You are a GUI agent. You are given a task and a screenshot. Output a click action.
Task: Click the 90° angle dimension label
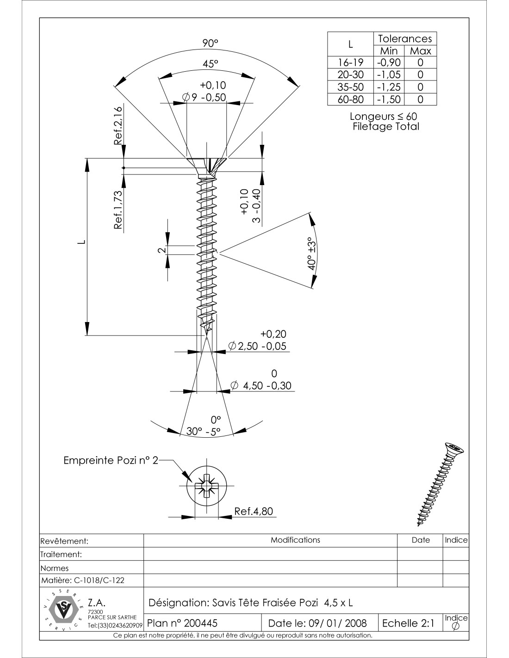pos(210,43)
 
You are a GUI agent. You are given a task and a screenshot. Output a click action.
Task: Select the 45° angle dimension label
pos(210,64)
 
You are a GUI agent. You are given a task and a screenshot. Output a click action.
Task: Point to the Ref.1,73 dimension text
pos(118,210)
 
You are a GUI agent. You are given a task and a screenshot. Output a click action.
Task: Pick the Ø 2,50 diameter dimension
pos(258,346)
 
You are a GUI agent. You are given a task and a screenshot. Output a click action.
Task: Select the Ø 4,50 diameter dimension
pos(261,385)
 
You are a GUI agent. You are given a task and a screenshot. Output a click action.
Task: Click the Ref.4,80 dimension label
pos(254,511)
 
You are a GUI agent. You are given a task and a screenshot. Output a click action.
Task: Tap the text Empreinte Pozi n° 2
pos(111,460)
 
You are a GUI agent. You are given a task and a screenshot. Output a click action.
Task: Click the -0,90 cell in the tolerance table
pos(389,62)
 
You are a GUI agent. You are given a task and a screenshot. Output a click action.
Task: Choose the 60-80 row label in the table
pos(350,99)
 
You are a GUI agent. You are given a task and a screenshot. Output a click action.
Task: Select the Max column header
pos(420,51)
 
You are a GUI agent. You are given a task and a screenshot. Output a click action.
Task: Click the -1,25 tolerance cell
pos(389,87)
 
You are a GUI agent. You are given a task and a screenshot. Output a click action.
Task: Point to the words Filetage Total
pos(385,127)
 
